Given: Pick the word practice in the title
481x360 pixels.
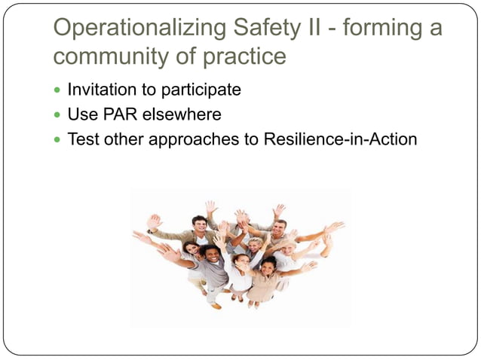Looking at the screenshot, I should [x=244, y=56].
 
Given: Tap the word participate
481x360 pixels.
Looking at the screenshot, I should [x=204, y=90].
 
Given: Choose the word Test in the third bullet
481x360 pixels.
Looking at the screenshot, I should [x=82, y=139].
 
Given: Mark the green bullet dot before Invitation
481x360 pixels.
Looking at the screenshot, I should [x=59, y=90].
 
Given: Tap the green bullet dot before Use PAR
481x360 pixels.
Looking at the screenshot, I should [x=59, y=115].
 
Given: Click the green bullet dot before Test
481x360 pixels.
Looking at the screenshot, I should [x=59, y=140].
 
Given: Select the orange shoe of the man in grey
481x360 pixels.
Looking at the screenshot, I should [x=216, y=305].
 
